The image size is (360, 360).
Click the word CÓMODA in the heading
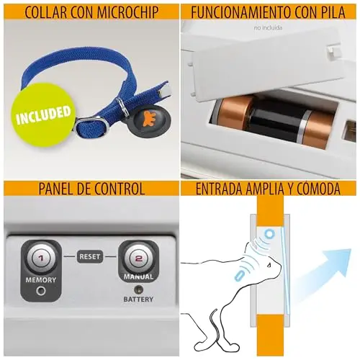point(318,189)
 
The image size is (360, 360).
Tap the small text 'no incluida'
point(268,27)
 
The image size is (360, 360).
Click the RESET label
point(89,256)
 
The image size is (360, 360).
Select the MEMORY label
point(41,280)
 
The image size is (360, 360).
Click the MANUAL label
point(138,276)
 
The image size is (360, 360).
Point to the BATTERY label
point(138,300)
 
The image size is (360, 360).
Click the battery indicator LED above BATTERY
point(138,289)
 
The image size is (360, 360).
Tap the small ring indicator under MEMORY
point(41,291)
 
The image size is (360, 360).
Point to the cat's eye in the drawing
point(270,265)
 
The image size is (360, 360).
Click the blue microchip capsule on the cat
point(239,275)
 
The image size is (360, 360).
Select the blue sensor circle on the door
point(270,233)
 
